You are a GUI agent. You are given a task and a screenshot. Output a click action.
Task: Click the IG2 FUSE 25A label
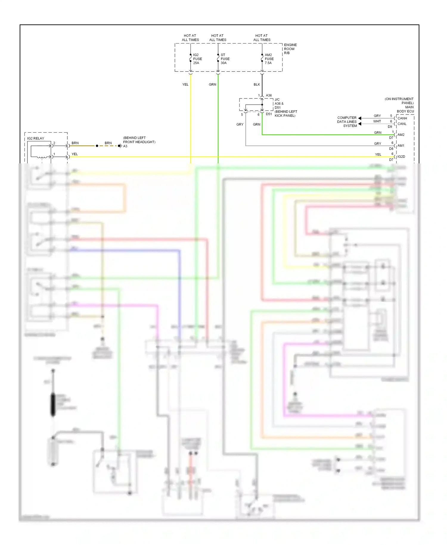197,59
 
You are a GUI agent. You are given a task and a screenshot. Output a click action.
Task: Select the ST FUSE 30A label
225,59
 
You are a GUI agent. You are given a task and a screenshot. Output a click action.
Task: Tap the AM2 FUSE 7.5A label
269,59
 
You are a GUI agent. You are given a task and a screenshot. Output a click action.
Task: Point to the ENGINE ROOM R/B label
290,49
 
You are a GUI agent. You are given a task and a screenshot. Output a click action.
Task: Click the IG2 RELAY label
35,138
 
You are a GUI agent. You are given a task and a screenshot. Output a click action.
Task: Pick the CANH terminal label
402,118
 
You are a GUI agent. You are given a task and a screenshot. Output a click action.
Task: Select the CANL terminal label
402,124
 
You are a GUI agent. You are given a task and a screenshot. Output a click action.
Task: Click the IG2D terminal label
401,157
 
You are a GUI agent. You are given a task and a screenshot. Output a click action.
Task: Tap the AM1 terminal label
401,145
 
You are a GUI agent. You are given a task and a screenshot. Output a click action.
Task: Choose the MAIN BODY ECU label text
405,109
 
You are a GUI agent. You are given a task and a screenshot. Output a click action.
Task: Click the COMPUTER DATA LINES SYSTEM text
347,122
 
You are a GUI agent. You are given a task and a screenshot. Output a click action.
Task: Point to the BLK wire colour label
257,84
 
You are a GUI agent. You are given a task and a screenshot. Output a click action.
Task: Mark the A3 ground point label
125,146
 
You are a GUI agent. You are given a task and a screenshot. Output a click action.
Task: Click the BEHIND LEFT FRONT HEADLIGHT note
139,140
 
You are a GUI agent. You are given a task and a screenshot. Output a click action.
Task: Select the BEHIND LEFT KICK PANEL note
285,114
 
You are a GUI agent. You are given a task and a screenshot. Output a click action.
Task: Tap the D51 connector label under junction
268,114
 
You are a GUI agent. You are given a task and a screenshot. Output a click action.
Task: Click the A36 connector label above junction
268,95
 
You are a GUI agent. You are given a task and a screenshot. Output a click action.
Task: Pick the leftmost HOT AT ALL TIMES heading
190,38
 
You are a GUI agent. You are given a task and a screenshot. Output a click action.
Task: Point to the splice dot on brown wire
97,146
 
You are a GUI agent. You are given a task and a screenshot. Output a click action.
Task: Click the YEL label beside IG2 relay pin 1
74,154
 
